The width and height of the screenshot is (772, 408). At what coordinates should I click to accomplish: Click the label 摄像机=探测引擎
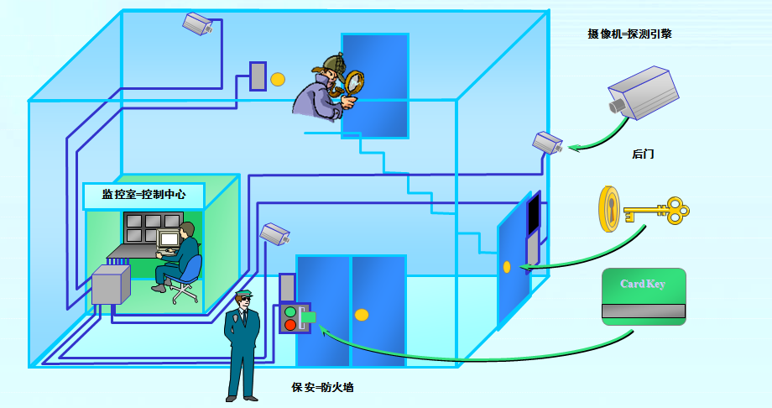click(x=629, y=34)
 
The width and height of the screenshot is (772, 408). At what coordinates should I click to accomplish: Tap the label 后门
click(x=643, y=154)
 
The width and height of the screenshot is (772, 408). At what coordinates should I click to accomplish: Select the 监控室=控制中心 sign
click(x=143, y=195)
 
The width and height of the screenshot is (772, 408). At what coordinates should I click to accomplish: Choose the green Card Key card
click(x=644, y=296)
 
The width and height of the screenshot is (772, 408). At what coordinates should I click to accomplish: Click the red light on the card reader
click(x=290, y=325)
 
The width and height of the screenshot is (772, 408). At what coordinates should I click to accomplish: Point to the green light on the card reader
click(x=290, y=312)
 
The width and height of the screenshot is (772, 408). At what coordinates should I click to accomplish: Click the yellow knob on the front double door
click(x=362, y=315)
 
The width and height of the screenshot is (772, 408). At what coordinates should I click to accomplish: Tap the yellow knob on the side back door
click(x=507, y=267)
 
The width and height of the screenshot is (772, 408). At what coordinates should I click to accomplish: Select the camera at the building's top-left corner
click(x=198, y=24)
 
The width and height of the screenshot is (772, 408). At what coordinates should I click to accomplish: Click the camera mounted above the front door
click(x=274, y=233)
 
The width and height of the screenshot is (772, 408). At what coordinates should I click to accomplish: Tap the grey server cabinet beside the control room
click(x=109, y=285)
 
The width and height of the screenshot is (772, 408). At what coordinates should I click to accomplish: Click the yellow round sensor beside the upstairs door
click(x=278, y=79)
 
